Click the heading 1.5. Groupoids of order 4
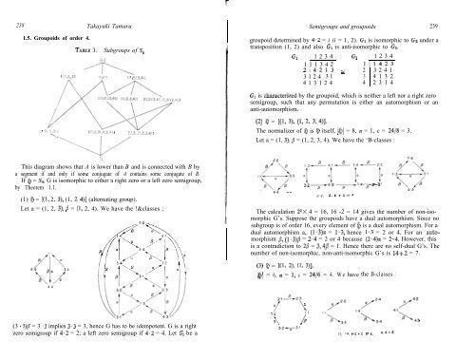click(56, 36)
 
